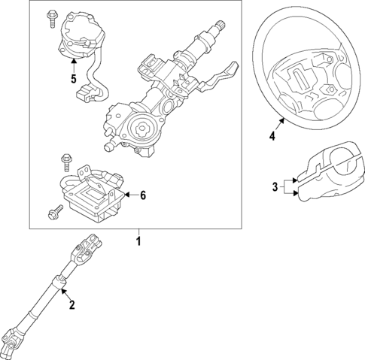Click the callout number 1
138,242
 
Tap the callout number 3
276,186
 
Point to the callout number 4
271,136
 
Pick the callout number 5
73,77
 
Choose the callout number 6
142,195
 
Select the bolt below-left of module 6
53,213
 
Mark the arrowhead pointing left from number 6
126,195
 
